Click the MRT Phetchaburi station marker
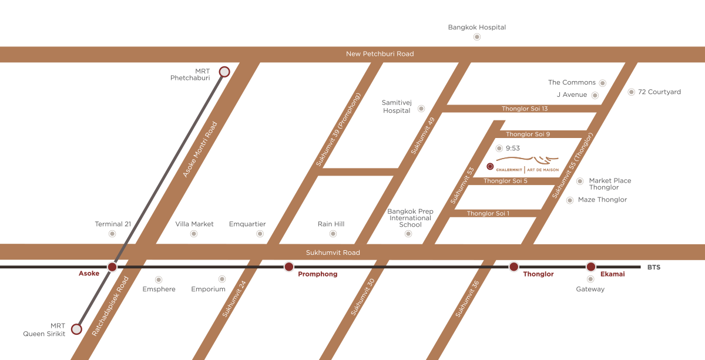point(224,72)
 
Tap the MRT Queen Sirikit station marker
point(76,329)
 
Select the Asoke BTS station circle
point(112,267)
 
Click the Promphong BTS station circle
point(288,267)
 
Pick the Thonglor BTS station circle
point(513,267)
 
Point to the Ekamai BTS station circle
point(591,267)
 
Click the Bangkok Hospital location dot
point(477,36)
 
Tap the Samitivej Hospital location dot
point(421,109)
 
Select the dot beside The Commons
point(602,83)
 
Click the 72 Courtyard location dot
point(632,92)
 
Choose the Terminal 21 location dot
point(112,234)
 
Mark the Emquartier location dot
point(260,234)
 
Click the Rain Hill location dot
point(333,234)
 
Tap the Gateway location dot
point(590,280)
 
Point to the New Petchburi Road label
point(380,54)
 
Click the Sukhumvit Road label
point(333,253)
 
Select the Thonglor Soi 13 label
point(525,109)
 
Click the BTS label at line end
point(653,267)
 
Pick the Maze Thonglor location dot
point(569,200)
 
